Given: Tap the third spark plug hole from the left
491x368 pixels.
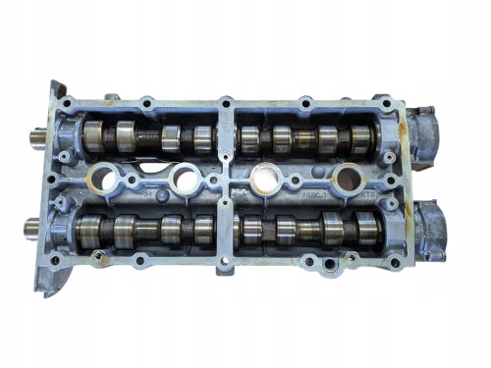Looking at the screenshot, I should coord(264,180).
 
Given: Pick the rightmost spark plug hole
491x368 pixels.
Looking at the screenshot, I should coord(346,180).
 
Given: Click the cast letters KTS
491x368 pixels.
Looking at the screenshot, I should coord(368,197).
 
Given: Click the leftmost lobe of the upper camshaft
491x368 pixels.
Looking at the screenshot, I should coord(95,134).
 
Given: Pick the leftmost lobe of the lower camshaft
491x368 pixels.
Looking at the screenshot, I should coord(91,232).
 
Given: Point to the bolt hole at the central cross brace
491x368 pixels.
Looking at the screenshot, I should coord(226,184).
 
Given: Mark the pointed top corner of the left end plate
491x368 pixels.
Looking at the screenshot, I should coord(47,81).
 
